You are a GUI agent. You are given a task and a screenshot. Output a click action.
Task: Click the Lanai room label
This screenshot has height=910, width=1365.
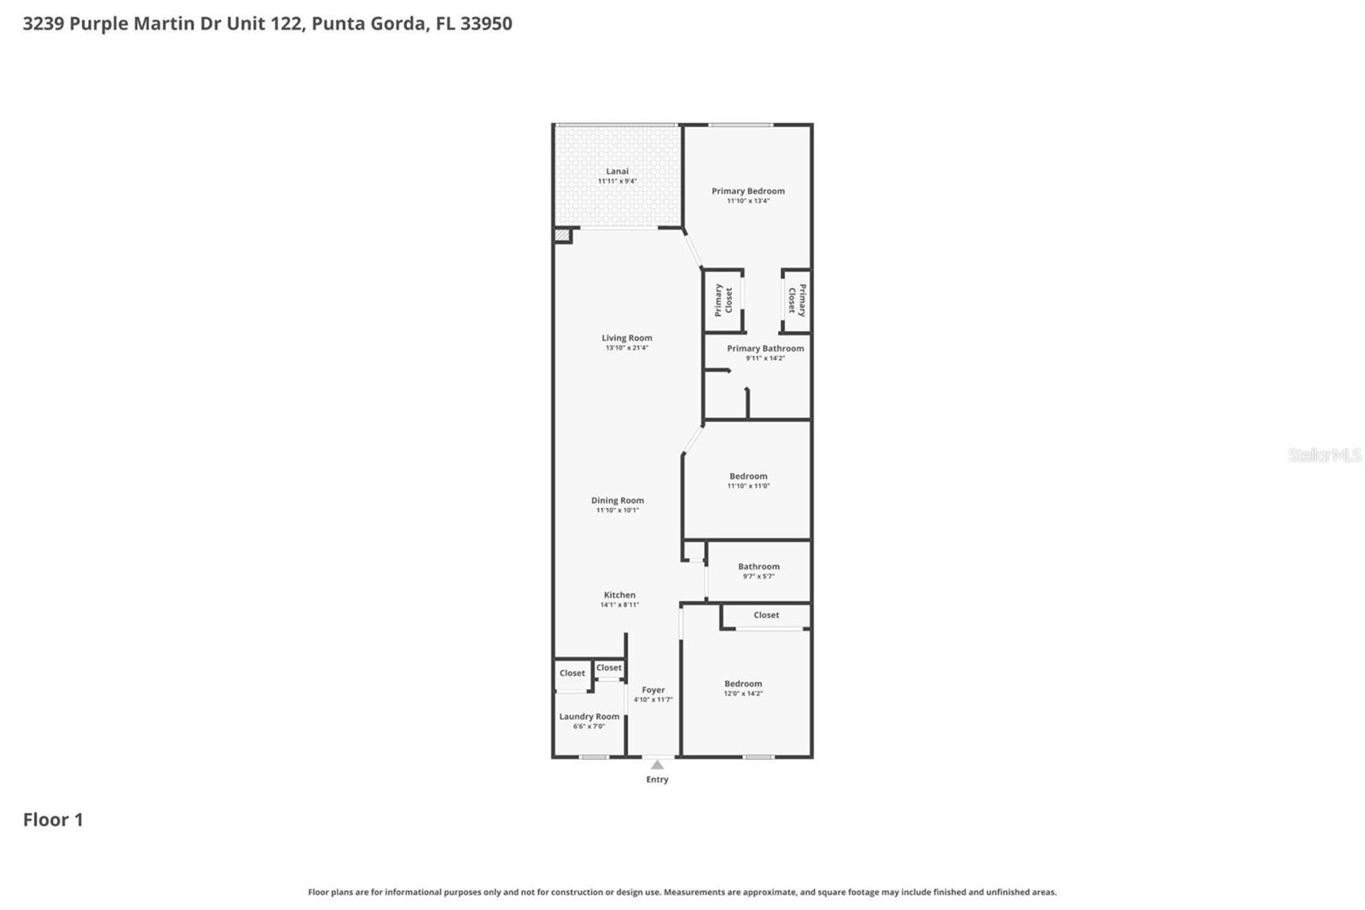coord(617,172)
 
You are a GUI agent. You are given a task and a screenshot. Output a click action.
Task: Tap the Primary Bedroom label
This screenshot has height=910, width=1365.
coord(748,191)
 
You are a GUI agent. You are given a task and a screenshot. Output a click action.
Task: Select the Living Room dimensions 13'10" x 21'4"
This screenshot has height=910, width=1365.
coord(626,348)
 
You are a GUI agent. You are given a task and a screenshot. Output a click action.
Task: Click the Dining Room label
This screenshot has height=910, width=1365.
coord(617,501)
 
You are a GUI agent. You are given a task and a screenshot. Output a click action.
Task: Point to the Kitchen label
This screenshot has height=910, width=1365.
coord(619,595)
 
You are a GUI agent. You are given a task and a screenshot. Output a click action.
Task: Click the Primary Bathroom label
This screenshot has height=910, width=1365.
coord(765,348)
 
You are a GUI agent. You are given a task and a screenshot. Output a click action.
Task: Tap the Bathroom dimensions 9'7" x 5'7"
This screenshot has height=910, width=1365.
coord(758,577)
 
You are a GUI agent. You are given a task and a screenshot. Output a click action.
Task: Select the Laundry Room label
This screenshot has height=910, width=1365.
coord(589,717)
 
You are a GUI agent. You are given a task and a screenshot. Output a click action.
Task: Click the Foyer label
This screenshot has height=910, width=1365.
coord(653,690)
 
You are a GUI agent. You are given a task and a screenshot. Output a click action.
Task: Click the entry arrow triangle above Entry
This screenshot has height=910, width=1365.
coord(657,765)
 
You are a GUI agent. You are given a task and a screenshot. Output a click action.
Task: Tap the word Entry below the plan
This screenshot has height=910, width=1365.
coord(657,779)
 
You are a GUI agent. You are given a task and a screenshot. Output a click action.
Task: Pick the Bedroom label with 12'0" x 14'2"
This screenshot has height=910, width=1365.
coord(743,684)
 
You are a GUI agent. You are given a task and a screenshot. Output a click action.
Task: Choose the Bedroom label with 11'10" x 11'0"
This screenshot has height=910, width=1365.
coord(748,476)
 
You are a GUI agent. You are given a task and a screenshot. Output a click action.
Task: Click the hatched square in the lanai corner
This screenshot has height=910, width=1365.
coord(562,235)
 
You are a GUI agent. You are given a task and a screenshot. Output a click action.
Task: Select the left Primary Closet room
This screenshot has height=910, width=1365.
coord(723,300)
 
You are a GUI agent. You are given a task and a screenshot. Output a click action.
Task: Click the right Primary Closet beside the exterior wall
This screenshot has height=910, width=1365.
coord(796,300)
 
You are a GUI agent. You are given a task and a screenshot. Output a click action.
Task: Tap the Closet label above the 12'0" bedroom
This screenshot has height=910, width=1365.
coord(766,615)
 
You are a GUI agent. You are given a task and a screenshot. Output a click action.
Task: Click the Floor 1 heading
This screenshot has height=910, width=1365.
coord(53,820)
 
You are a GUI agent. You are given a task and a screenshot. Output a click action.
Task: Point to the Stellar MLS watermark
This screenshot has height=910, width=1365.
coord(1324,455)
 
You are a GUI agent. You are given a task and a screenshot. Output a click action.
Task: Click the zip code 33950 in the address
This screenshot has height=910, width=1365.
coord(486,23)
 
